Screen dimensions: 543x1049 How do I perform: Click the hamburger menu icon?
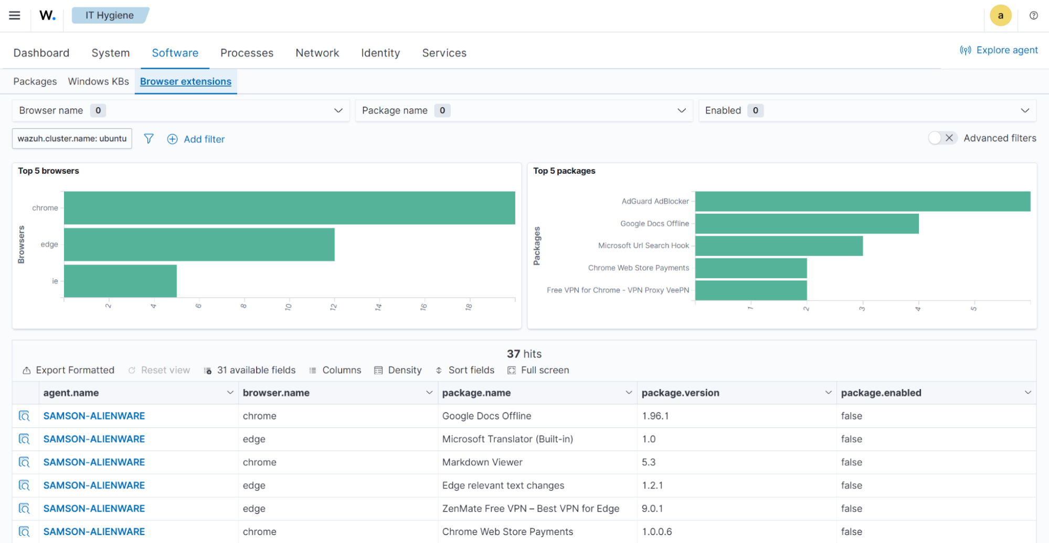point(15,15)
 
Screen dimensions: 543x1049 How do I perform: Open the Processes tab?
point(247,53)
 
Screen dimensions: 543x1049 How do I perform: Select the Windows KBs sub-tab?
point(98,81)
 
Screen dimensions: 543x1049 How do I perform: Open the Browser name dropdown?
point(181,110)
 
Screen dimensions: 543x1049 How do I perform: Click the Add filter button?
point(196,139)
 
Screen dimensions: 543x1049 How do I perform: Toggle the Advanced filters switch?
point(942,138)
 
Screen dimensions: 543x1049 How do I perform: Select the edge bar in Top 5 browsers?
point(199,244)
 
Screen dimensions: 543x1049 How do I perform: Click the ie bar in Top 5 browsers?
point(120,281)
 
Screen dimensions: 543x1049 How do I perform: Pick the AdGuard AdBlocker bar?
point(862,201)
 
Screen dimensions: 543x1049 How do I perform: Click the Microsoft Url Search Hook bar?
point(779,246)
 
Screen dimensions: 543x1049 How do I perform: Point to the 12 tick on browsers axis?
point(333,307)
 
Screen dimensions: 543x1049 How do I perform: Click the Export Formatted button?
point(68,370)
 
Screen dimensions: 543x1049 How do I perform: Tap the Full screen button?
point(538,370)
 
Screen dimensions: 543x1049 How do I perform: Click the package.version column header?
point(680,393)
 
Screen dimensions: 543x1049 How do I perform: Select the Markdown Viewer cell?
point(482,462)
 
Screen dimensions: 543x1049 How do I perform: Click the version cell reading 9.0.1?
point(652,508)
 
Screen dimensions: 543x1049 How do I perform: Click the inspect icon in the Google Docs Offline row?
point(24,416)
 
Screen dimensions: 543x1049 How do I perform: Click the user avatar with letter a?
point(1000,15)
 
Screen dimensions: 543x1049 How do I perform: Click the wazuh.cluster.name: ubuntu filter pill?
point(72,139)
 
